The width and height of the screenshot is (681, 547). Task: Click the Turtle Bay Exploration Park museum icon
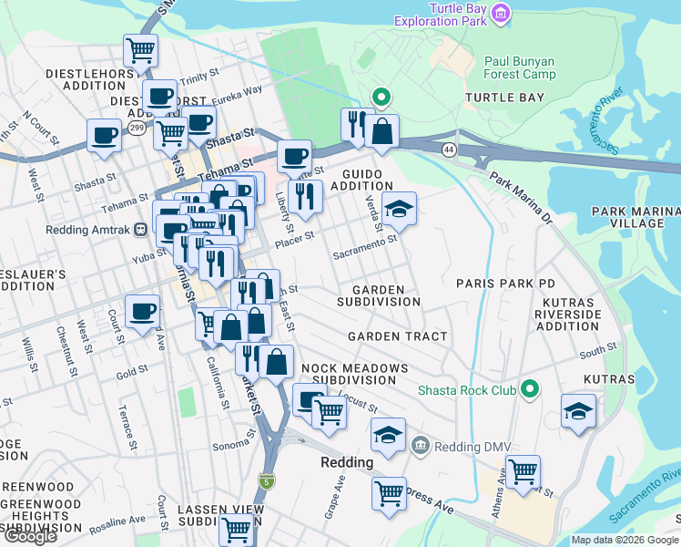click(x=499, y=14)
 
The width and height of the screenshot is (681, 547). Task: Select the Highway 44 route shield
click(x=449, y=148)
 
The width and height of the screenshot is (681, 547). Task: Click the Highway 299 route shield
click(x=137, y=129)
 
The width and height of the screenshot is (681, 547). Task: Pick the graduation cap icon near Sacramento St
click(x=398, y=209)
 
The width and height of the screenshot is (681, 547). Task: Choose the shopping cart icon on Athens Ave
click(x=523, y=472)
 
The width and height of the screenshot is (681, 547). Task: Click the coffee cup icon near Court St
click(x=142, y=312)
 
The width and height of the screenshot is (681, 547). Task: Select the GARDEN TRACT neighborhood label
click(x=398, y=336)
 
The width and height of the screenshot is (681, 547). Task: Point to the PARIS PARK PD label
click(x=505, y=284)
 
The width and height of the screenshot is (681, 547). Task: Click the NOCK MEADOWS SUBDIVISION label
click(x=354, y=374)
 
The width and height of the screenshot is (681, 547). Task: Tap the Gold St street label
click(x=132, y=372)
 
